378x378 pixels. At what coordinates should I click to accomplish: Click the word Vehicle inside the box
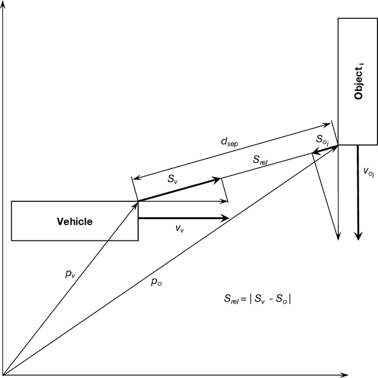74,221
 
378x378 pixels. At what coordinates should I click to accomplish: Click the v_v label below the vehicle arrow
180,229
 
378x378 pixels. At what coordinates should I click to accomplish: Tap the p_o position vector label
157,282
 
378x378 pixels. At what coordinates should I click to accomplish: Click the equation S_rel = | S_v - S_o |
253,299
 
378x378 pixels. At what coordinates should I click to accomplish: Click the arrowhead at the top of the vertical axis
5,5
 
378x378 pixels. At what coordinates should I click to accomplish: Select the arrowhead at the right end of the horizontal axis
344,374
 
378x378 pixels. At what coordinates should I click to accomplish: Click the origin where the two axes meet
5,374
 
